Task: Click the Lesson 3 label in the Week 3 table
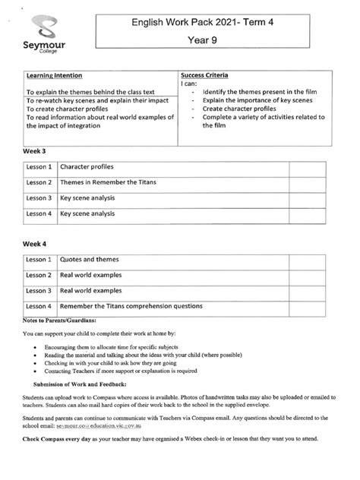point(39,198)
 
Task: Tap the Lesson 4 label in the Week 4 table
point(39,306)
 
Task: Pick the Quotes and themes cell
point(90,260)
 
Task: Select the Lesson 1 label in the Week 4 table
point(39,260)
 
